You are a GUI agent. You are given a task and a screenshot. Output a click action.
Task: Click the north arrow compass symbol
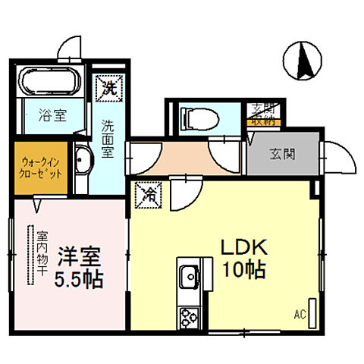(x=302, y=61)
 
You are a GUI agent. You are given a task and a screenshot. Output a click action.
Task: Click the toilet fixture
(x=199, y=117)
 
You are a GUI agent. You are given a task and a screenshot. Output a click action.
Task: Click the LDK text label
(x=243, y=248)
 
